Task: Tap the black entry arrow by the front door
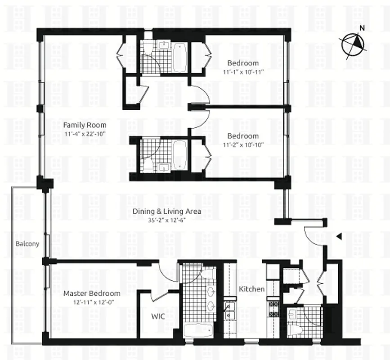[x=340, y=236]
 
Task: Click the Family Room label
[x=85, y=125]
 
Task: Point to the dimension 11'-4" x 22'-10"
[x=85, y=133]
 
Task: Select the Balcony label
[x=27, y=244]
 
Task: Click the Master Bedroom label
[x=91, y=293]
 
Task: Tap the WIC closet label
[x=157, y=316]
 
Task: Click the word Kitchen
[x=251, y=289]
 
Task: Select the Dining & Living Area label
[x=166, y=211]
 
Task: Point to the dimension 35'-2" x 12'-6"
[x=166, y=220]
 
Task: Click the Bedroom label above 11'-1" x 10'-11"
[x=243, y=63]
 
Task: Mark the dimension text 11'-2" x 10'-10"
[x=243, y=144]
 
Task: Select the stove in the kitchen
[x=273, y=308]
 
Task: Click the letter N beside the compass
[x=362, y=28]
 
